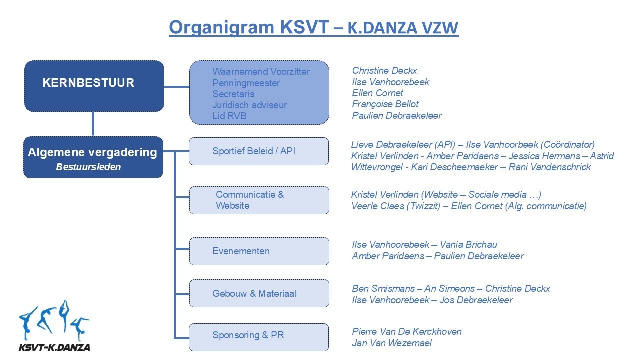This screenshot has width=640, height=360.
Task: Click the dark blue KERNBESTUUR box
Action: point(94,86)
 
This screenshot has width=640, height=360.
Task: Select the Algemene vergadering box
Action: point(93,157)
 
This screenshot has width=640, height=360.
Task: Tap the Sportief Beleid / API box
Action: point(259,151)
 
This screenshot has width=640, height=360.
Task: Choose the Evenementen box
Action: point(259,251)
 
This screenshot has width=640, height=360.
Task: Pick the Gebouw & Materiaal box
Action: point(259,293)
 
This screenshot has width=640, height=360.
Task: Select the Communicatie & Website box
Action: point(259,200)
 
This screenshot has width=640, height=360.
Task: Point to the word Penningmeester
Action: point(246,83)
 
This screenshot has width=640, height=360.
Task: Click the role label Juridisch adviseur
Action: point(249,105)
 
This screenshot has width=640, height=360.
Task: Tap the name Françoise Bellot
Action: point(385,104)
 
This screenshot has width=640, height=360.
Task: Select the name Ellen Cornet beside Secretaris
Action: point(377,93)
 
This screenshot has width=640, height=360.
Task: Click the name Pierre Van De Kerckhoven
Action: point(407,332)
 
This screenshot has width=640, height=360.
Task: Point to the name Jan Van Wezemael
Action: point(392,343)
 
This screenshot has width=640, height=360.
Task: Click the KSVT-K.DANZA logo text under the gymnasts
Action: point(54,347)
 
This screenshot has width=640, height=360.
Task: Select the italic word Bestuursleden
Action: point(88,167)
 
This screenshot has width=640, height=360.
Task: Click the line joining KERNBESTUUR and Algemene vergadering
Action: point(93,124)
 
